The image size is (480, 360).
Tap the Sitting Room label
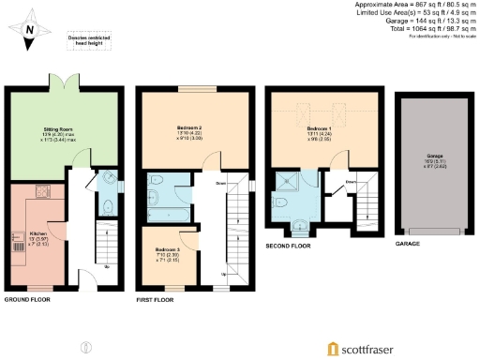coord(59,131)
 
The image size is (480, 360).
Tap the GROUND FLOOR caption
coord(28,300)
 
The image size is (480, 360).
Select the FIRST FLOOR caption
coord(157,300)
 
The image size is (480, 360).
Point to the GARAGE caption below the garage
coord(408,244)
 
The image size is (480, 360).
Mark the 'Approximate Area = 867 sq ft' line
coord(416,5)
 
